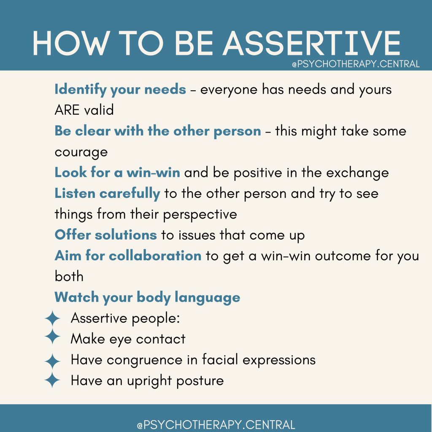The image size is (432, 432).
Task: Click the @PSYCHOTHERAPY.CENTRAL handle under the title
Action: (x=356, y=64)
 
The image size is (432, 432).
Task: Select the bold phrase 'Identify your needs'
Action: (x=120, y=89)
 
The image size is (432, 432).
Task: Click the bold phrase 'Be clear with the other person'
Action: (x=158, y=131)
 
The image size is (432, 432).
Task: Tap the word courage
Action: (x=81, y=152)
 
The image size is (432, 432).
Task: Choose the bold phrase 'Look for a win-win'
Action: (x=117, y=173)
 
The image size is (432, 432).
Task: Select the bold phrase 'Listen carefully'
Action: (x=107, y=193)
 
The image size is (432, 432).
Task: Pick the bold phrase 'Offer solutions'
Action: (x=105, y=235)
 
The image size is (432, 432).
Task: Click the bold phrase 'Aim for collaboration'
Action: (x=128, y=256)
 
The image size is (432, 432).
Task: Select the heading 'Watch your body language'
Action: (x=147, y=297)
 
